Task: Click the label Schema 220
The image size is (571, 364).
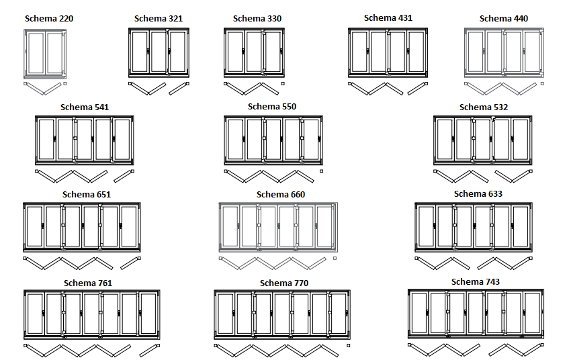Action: (x=49, y=18)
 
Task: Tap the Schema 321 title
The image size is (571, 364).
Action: (x=158, y=19)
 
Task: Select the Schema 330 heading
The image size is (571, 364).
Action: (x=257, y=18)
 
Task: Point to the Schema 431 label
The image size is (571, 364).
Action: (x=388, y=17)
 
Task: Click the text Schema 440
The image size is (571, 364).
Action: (x=504, y=18)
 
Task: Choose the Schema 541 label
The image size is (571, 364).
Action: (x=84, y=107)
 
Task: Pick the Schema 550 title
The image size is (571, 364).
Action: (x=271, y=106)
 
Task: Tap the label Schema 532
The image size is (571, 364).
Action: (x=484, y=107)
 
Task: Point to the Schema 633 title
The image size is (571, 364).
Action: (x=478, y=194)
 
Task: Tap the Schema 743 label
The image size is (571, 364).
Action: (x=476, y=281)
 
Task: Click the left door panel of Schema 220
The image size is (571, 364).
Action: (x=36, y=52)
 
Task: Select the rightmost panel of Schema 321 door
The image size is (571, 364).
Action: (x=178, y=52)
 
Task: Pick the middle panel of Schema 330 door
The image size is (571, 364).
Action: (x=253, y=52)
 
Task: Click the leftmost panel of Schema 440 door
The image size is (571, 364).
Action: (x=476, y=52)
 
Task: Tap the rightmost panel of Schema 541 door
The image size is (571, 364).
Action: (x=122, y=140)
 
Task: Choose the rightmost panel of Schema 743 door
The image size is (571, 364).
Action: (x=532, y=312)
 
